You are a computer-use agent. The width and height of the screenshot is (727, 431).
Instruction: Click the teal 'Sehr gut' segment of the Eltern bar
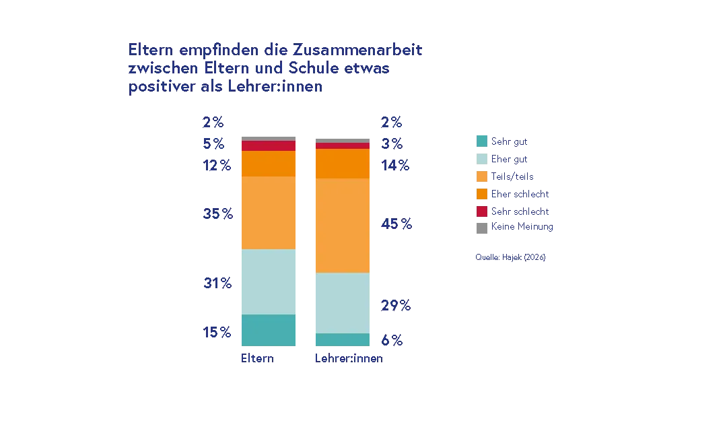tap(268, 330)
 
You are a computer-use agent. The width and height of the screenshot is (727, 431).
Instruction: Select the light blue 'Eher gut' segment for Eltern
tap(268, 281)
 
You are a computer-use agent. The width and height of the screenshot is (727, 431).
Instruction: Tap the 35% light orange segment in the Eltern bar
tap(268, 213)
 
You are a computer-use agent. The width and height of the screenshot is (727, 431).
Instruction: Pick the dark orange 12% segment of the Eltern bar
tap(268, 164)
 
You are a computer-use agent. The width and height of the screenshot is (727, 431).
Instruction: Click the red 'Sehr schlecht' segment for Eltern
tap(268, 145)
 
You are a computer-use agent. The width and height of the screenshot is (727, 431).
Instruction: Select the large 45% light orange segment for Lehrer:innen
tap(343, 225)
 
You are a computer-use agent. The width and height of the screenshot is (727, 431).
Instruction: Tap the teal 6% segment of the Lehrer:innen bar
tap(343, 340)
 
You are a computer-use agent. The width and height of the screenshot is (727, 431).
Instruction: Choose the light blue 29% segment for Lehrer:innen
tap(343, 303)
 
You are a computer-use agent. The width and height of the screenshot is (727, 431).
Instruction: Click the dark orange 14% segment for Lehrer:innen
tap(343, 164)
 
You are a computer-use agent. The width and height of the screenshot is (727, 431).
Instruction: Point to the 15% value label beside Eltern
tap(216, 332)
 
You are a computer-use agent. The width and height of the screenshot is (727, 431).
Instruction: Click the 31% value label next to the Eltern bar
tap(216, 284)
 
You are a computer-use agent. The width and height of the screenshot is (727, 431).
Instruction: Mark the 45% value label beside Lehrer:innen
tap(396, 224)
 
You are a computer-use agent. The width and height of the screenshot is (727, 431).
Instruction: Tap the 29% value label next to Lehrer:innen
tap(396, 306)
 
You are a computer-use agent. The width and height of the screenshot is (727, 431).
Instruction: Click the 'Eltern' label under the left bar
tap(257, 360)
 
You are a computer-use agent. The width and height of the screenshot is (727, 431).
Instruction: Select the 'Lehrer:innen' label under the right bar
tap(347, 360)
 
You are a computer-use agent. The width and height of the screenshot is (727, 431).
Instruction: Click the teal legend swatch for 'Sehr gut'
tap(481, 142)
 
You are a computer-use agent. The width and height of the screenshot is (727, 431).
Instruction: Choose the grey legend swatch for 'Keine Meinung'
tap(481, 228)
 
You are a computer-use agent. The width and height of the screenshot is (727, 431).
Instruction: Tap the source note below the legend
tap(511, 258)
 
